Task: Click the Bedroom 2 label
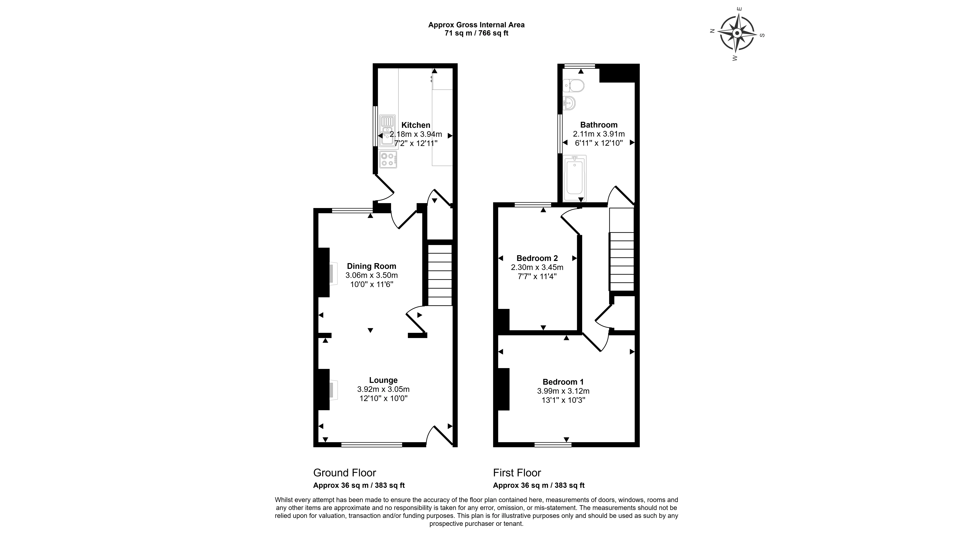tap(537, 258)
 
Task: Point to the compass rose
tap(737, 33)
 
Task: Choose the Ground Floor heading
tap(344, 473)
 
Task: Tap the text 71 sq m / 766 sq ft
tap(476, 33)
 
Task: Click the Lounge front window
tap(371, 445)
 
